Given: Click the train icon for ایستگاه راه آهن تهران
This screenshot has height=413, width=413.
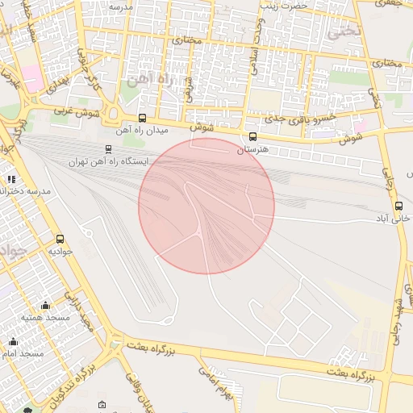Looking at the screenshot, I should point(109,149).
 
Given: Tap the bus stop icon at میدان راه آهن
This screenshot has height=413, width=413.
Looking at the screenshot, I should point(143,118).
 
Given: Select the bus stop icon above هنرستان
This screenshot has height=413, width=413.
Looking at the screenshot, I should point(253,137).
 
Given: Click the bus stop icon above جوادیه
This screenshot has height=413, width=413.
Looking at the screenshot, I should point(60,239).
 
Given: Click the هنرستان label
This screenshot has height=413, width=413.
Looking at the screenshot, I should point(252,150).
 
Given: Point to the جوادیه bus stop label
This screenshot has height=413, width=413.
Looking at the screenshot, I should point(61,251).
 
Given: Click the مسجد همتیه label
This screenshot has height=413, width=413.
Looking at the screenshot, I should point(46,318).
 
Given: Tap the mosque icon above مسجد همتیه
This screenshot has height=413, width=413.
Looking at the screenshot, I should point(46,305).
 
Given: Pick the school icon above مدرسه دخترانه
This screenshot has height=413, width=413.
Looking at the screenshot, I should point(11,179).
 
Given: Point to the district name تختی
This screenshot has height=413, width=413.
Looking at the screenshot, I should point(340,33).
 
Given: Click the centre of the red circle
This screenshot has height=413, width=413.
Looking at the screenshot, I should point(206,206).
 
